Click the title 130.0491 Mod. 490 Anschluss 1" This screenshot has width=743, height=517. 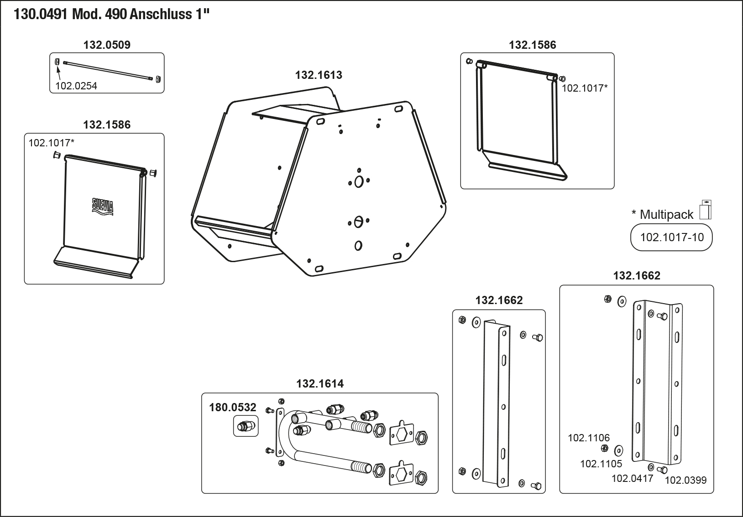pos(112,14)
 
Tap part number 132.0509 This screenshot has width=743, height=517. pos(107,45)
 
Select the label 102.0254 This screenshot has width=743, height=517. pos(76,86)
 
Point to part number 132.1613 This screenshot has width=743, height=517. pos(319,75)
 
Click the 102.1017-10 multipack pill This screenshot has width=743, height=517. pos(671,237)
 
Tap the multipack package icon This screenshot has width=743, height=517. pos(706,210)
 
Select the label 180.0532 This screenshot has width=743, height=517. pos(233,407)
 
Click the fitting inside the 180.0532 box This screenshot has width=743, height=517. pos(246,427)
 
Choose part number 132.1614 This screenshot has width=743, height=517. pos(320,383)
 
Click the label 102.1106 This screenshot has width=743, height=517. pos(588,438)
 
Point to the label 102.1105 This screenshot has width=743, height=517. pos(601,464)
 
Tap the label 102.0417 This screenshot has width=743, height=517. pos(632,478)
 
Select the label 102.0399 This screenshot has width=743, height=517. pos(685,480)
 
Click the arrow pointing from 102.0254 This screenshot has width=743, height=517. pos(59,72)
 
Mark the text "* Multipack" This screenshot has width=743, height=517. pos(662,214)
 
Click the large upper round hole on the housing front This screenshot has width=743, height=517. pos(359,181)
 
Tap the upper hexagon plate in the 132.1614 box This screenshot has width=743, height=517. pos(402,434)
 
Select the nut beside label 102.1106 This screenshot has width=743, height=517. pos(604,449)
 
